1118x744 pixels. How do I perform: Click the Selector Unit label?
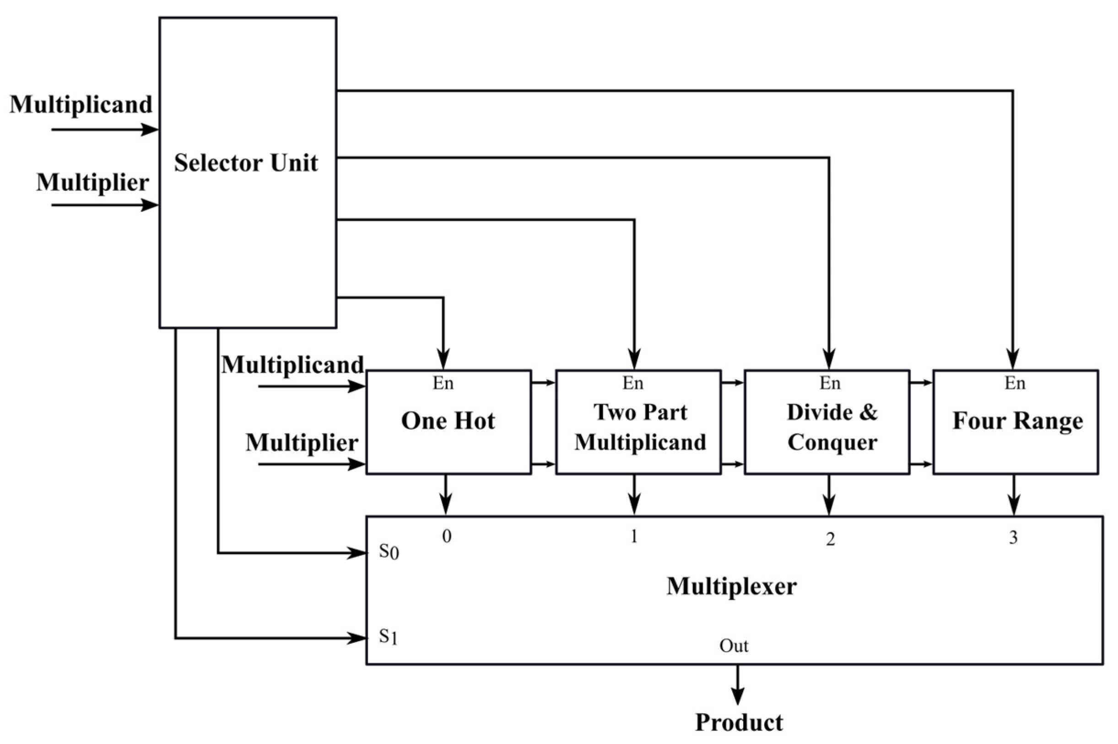pyautogui.click(x=246, y=163)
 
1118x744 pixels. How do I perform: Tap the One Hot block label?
pyautogui.click(x=448, y=421)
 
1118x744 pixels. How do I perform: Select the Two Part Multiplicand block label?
pyautogui.click(x=640, y=427)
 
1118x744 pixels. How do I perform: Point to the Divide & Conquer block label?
pyautogui.click(x=832, y=427)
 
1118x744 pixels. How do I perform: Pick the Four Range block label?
pyautogui.click(x=1017, y=421)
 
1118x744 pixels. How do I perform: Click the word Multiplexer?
pyautogui.click(x=731, y=587)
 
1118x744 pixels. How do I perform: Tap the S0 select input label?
pyautogui.click(x=388, y=552)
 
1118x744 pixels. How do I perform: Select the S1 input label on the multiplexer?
pyautogui.click(x=388, y=636)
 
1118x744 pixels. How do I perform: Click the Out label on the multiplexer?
pyautogui.click(x=734, y=646)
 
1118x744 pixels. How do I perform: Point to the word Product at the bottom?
pyautogui.click(x=739, y=722)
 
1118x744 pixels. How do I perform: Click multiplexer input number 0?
pyautogui.click(x=446, y=536)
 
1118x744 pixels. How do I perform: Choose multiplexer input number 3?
pyautogui.click(x=1013, y=538)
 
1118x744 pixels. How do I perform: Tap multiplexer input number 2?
pyautogui.click(x=830, y=539)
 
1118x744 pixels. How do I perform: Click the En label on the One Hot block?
pyautogui.click(x=443, y=383)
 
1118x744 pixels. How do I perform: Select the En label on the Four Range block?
pyautogui.click(x=1015, y=383)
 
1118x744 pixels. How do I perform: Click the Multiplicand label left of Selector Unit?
pyautogui.click(x=81, y=104)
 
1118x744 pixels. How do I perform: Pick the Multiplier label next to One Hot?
pyautogui.click(x=302, y=443)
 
